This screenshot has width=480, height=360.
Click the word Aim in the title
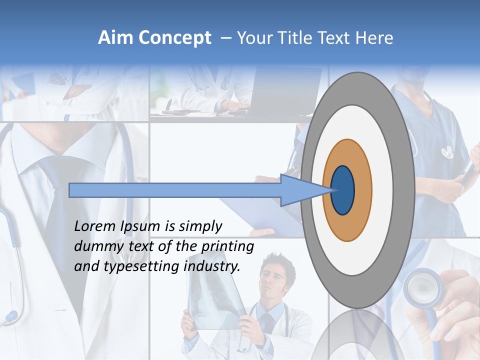click(x=116, y=38)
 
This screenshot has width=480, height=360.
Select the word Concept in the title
click(x=174, y=38)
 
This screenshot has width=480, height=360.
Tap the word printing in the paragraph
click(x=227, y=247)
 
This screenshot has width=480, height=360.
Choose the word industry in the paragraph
click(x=212, y=266)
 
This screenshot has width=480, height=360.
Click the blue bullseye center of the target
click(x=343, y=190)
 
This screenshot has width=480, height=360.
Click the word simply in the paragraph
click(x=200, y=226)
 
